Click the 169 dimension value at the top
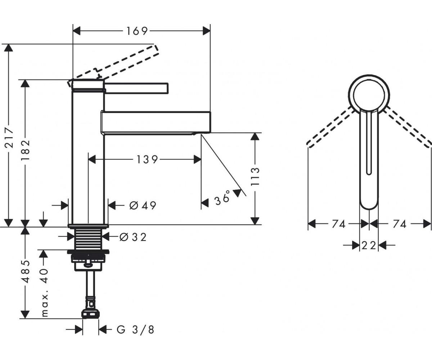(137, 31)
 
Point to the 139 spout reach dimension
(147, 159)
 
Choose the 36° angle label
(222, 198)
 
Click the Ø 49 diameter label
(143, 206)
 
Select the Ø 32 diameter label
(133, 237)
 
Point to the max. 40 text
(45, 293)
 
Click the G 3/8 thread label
(135, 330)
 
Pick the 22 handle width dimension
(369, 246)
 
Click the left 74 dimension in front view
(338, 224)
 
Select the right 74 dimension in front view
(400, 224)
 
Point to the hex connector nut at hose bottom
(91, 314)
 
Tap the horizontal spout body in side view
(156, 122)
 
